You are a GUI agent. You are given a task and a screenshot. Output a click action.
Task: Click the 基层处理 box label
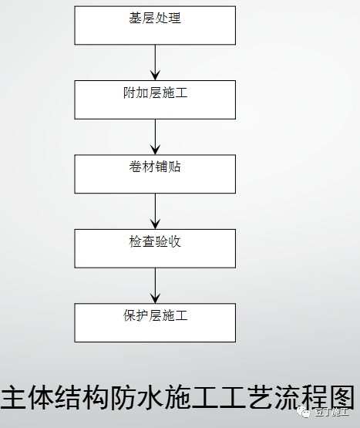(155, 18)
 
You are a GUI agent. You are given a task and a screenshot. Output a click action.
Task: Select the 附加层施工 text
(155, 93)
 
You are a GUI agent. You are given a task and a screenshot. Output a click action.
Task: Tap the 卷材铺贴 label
(155, 167)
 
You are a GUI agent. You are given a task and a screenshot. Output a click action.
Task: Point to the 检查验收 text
(155, 241)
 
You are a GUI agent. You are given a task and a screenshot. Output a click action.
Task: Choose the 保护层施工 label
(155, 315)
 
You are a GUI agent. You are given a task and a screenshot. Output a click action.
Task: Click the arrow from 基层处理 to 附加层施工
(155, 62)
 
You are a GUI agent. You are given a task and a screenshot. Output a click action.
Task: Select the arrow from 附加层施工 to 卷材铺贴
(155, 137)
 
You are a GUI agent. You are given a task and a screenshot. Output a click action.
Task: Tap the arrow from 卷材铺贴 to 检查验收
(155, 211)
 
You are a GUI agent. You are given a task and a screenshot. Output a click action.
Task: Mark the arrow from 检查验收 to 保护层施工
(155, 285)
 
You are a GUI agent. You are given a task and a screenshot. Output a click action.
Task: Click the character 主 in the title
(13, 397)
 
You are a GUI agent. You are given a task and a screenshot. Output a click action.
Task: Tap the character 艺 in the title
(260, 397)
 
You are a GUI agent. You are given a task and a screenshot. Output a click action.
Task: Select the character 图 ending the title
(342, 397)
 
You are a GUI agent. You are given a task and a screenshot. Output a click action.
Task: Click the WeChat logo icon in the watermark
(304, 411)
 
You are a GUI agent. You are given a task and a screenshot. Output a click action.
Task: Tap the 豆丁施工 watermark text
(331, 412)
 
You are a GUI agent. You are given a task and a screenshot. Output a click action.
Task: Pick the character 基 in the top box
(135, 18)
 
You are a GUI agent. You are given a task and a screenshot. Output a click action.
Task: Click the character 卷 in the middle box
(135, 167)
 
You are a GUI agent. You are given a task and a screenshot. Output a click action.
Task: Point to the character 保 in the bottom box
(129, 315)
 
